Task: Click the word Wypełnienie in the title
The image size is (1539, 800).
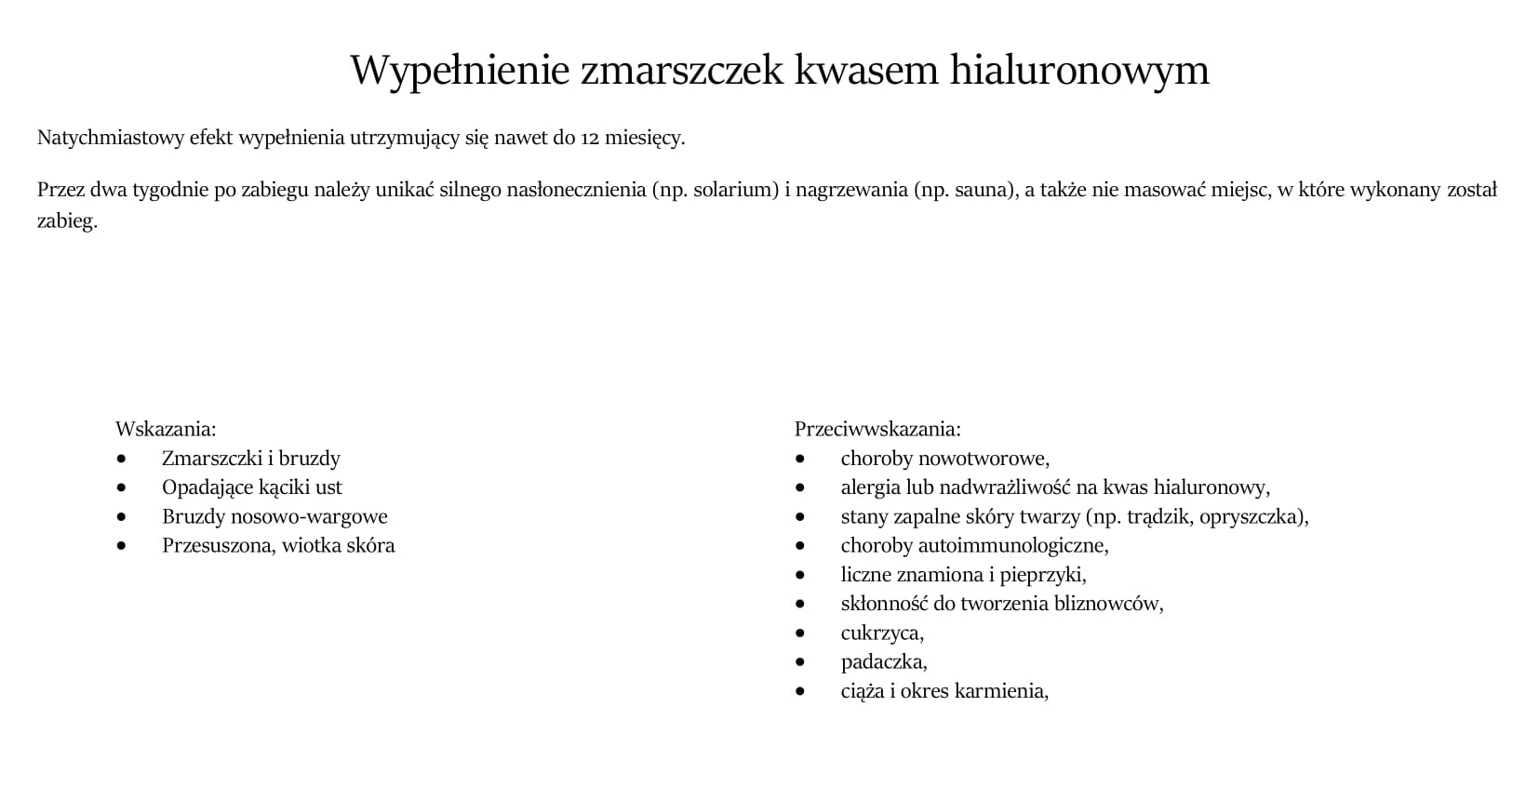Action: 459,71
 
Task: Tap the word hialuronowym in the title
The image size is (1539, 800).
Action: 1078,71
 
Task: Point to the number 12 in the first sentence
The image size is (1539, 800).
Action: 590,139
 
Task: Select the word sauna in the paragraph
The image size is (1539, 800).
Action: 981,191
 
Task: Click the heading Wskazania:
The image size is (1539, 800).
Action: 166,429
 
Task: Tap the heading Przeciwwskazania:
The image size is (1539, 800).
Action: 877,429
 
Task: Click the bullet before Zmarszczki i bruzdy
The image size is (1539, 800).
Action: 121,459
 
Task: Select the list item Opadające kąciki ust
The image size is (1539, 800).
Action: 251,487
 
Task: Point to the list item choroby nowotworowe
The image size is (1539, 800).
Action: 944,459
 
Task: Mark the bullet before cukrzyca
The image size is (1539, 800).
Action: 800,633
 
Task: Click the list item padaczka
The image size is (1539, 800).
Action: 883,662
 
